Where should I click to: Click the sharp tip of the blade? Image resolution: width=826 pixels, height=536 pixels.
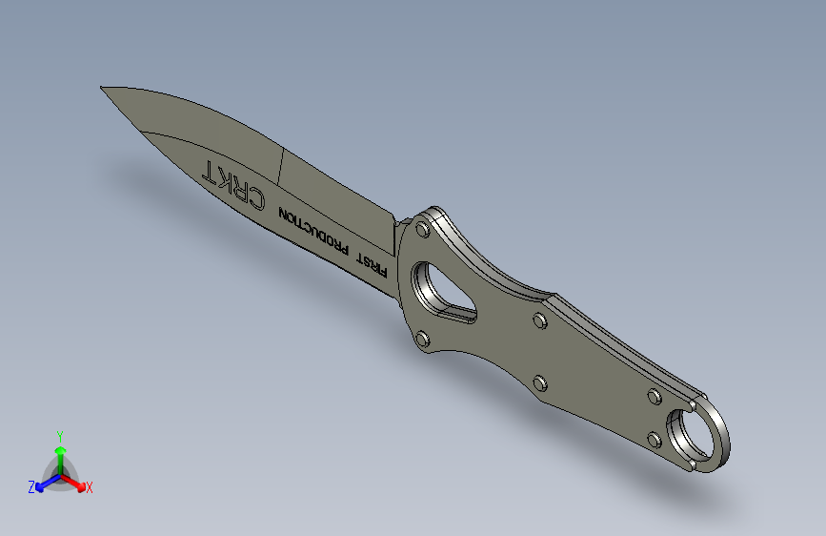(x=103, y=88)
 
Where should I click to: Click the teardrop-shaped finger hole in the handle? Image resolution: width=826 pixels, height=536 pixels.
(x=441, y=291)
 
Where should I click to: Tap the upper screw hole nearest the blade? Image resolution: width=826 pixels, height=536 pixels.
(x=422, y=230)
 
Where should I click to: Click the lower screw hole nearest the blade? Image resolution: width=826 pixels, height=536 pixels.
(x=420, y=338)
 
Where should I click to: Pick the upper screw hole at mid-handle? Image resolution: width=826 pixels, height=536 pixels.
(x=539, y=320)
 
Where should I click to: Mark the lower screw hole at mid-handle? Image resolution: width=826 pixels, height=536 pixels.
(x=539, y=383)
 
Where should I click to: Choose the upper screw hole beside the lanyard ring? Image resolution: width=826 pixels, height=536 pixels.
(x=655, y=396)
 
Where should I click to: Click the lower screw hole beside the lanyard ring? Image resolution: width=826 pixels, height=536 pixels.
(x=654, y=439)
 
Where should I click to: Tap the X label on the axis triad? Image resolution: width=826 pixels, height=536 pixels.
(x=90, y=487)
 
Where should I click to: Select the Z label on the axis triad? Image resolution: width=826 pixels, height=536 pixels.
(x=31, y=486)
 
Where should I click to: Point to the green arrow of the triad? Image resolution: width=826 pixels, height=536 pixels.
(x=60, y=454)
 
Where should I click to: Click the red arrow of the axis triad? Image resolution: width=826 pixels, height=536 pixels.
(x=75, y=481)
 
